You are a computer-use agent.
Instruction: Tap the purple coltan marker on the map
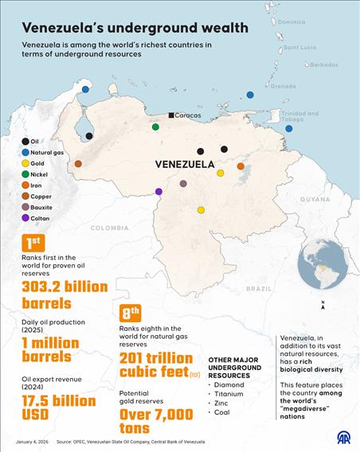tap(158, 192)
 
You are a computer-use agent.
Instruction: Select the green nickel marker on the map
tap(156, 126)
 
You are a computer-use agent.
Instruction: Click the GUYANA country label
tap(315, 199)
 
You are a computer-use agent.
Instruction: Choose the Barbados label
tap(323, 64)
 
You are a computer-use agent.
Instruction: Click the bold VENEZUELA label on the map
tap(184, 166)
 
